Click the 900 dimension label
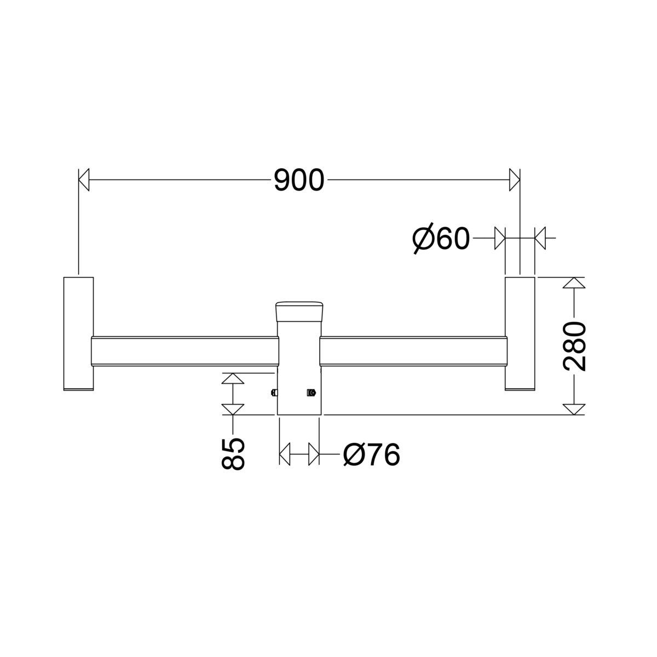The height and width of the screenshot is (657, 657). [x=299, y=180]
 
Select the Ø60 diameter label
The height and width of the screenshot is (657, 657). [x=441, y=238]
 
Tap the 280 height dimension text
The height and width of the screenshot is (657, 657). [x=574, y=346]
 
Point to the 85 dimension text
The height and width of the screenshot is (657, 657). [x=233, y=454]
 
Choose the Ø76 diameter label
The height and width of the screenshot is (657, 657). [x=372, y=455]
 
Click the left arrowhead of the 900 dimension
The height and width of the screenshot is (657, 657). [x=84, y=180]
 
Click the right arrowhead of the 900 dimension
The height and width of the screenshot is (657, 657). [x=515, y=180]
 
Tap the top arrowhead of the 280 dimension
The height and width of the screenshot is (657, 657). [x=574, y=283]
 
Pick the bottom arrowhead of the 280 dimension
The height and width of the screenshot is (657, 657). [x=574, y=410]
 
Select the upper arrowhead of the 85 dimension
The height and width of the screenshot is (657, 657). [x=233, y=378]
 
